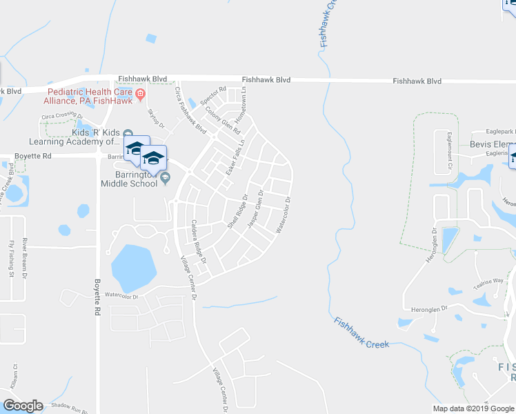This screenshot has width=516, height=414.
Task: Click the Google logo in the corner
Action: pyautogui.click(x=23, y=405)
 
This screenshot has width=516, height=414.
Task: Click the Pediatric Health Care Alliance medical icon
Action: pyautogui.click(x=140, y=94)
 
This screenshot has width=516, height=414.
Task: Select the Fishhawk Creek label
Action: pyautogui.click(x=362, y=333)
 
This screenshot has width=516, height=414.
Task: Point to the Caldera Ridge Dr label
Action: pyautogui.click(x=199, y=242)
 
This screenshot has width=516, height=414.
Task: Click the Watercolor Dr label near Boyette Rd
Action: pyautogui.click(x=121, y=295)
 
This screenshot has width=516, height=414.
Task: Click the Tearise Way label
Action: pyautogui.click(x=488, y=282)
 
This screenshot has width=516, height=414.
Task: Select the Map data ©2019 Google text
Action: pyautogui.click(x=473, y=408)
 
